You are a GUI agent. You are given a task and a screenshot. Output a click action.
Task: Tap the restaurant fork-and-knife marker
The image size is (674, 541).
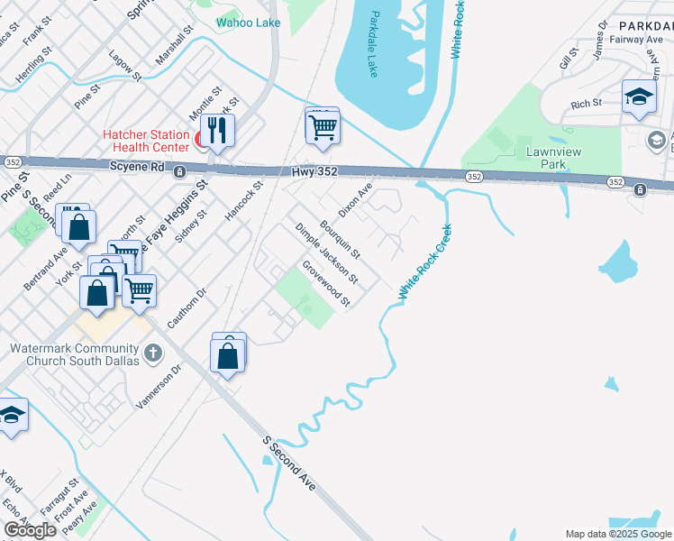216,130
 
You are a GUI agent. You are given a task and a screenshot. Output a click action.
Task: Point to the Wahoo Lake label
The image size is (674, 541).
249,23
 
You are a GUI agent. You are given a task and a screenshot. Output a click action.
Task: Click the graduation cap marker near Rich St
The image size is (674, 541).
639,98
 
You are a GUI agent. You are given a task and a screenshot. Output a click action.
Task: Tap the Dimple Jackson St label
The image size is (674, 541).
326,252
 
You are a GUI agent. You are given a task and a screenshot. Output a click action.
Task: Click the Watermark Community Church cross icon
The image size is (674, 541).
153,353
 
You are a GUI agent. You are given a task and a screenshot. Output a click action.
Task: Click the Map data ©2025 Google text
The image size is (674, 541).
617,534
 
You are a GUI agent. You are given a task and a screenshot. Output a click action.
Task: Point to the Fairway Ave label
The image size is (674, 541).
635,39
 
